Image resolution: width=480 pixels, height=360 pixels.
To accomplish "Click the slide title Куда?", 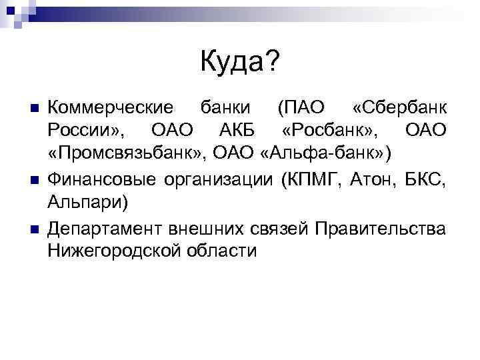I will coord(240,63).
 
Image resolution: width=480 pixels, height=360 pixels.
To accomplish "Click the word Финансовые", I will coord(101,179).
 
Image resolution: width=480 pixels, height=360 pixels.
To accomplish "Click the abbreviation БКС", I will coord(429,179).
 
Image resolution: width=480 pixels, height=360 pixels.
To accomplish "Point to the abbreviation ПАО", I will coord(299,108).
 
